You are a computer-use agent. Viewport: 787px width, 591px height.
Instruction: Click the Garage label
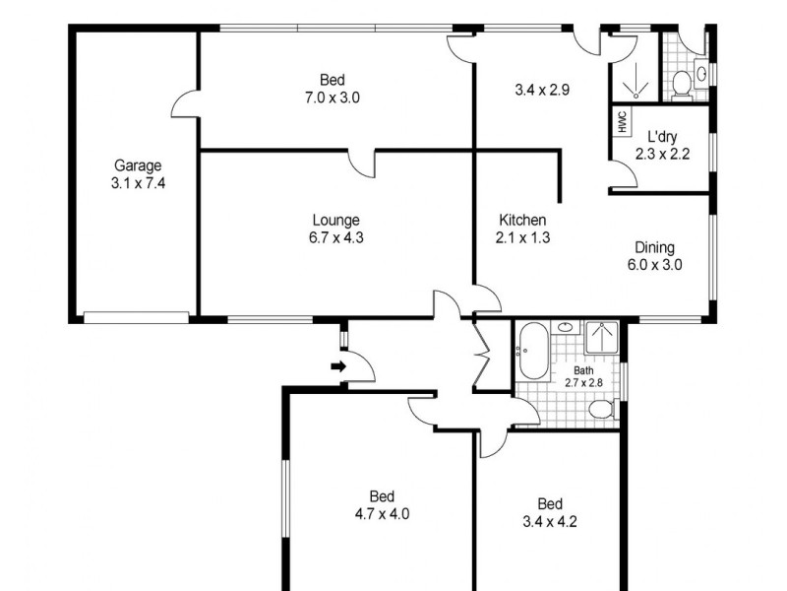(x=137, y=165)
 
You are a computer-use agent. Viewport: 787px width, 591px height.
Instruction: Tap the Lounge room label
(x=336, y=220)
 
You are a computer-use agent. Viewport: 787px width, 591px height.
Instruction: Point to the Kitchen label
(x=522, y=220)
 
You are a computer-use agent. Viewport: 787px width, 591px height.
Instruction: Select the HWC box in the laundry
(x=622, y=122)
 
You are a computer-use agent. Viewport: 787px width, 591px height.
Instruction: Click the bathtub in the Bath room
(x=537, y=351)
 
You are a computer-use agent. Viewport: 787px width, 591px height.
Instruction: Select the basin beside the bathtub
(x=566, y=328)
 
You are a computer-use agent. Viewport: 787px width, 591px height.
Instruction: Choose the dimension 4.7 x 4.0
(x=382, y=513)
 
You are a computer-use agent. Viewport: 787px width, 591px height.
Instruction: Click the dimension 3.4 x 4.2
(x=550, y=522)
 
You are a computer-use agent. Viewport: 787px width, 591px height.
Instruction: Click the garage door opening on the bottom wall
(x=136, y=317)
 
